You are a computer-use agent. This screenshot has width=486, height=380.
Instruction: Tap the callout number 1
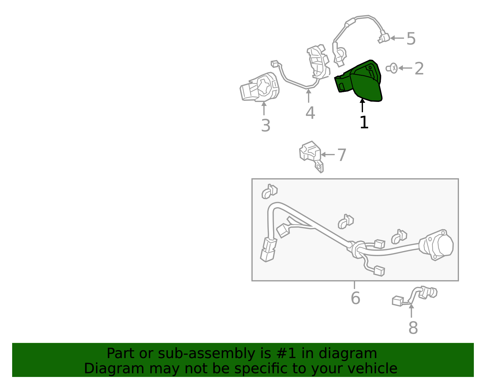pos(364,122)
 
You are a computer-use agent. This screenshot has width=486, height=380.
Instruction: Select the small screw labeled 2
pos(392,68)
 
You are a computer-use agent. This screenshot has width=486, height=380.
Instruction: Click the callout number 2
pos(419,69)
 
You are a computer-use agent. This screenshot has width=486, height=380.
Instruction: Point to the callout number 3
pos(265,126)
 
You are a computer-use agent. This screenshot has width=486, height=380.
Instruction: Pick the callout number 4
pos(310,113)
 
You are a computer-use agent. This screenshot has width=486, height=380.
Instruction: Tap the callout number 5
pos(411,39)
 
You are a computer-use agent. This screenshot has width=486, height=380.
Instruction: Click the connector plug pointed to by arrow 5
pos(384,39)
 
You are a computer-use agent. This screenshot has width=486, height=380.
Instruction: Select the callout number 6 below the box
pos(355,298)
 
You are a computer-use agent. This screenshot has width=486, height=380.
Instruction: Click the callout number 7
pos(342,155)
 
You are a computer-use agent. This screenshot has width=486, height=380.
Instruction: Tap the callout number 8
pos(413,328)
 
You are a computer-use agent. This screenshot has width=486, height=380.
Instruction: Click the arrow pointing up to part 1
pos(362,105)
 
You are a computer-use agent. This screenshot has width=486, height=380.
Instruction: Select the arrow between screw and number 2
pos(405,68)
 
